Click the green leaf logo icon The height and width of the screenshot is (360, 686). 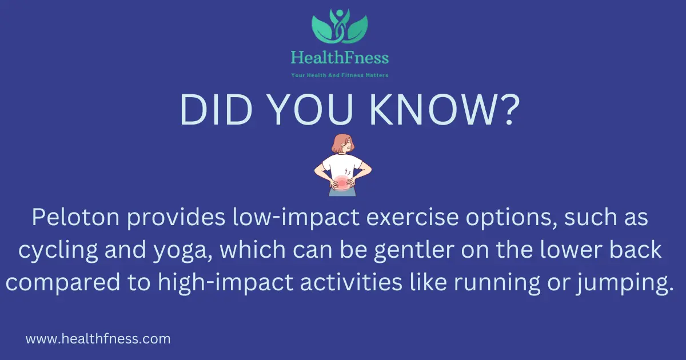[x=340, y=26]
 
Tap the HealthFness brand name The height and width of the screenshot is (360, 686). [x=340, y=58]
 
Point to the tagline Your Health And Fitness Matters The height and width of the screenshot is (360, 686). [x=340, y=75]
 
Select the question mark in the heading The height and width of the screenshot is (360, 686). [x=509, y=109]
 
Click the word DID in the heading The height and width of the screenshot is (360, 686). [x=216, y=109]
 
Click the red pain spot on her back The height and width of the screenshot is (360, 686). [x=341, y=183]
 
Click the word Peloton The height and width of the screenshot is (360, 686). [x=75, y=217]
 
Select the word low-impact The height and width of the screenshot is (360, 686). [x=296, y=218]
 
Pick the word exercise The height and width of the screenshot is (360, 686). [x=413, y=217]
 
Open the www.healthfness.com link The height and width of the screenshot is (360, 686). [x=98, y=339]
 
